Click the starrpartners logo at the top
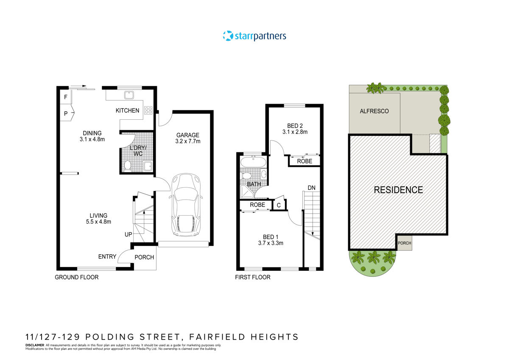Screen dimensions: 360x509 click(255, 36)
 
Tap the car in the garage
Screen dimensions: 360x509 click(185, 205)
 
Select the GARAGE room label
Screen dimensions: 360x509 click(188, 135)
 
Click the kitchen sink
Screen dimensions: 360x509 click(128, 94)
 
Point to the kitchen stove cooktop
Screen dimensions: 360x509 click(148, 110)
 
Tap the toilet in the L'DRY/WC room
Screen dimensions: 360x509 click(128, 165)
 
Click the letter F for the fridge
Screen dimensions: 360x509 click(65, 97)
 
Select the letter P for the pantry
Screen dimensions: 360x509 click(66, 113)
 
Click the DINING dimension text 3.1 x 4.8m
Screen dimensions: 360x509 click(92, 139)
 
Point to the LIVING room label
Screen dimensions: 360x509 click(98, 215)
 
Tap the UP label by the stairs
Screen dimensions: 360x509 click(128, 234)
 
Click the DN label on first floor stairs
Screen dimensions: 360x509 click(312, 188)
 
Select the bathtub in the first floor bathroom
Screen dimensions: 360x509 click(253, 162)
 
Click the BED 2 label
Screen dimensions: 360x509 click(295, 126)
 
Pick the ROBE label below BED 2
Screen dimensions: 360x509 click(304, 161)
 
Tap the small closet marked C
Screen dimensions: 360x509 click(279, 205)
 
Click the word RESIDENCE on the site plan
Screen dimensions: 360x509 click(398, 190)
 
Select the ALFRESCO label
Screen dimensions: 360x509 click(374, 111)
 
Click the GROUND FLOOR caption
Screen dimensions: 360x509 click(77, 277)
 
